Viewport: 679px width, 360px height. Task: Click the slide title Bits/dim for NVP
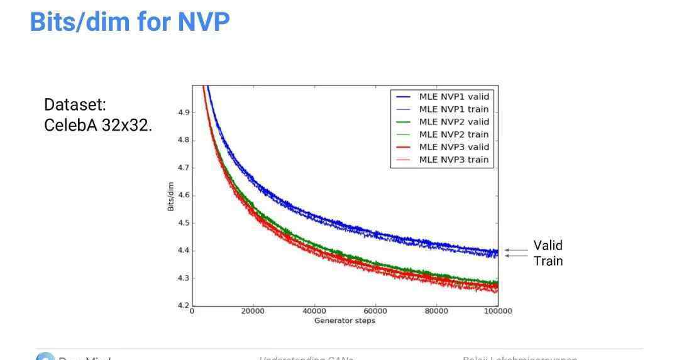pyautogui.click(x=130, y=22)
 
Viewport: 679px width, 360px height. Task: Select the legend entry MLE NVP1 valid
pyautogui.click(x=453, y=97)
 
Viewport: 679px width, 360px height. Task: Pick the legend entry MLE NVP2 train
pyautogui.click(x=453, y=134)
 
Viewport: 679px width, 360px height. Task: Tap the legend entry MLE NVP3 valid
pyautogui.click(x=453, y=147)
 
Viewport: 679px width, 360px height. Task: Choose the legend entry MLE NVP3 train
pyautogui.click(x=453, y=160)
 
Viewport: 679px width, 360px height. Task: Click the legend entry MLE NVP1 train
pyautogui.click(x=453, y=109)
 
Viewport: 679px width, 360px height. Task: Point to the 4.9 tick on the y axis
pyautogui.click(x=184, y=112)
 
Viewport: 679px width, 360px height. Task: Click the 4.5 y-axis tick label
pyautogui.click(x=184, y=223)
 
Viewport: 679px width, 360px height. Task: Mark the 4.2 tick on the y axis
pyautogui.click(x=184, y=305)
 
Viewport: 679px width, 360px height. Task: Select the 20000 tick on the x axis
pyautogui.click(x=253, y=312)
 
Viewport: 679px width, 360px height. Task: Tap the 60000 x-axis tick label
pyautogui.click(x=375, y=312)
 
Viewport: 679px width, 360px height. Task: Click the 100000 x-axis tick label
pyautogui.click(x=497, y=312)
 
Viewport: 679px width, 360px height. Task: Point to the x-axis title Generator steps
pyautogui.click(x=345, y=321)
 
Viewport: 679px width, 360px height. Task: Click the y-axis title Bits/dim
pyautogui.click(x=171, y=195)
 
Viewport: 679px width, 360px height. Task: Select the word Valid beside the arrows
pyautogui.click(x=548, y=246)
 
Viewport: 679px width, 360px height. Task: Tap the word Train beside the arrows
pyautogui.click(x=548, y=261)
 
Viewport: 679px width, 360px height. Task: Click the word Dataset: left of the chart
pyautogui.click(x=75, y=106)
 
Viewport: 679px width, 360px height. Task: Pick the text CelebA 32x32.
pyautogui.click(x=98, y=125)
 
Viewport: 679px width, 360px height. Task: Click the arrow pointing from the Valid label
pyautogui.click(x=516, y=250)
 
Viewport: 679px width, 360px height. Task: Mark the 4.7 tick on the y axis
pyautogui.click(x=184, y=168)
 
